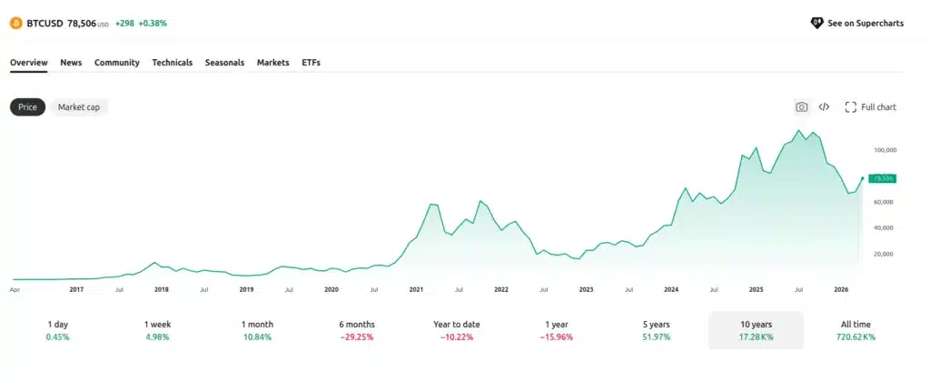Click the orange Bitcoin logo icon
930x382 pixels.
point(16,23)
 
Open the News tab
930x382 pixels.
point(71,63)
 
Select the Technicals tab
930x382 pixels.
point(172,63)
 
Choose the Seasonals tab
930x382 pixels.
point(224,63)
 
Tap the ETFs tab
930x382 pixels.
point(311,63)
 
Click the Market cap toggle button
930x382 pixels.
point(79,107)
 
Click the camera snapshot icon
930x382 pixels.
point(801,107)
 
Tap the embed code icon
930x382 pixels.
point(824,107)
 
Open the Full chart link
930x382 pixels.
point(870,107)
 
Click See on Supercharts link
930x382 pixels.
point(856,23)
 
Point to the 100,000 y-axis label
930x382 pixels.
point(885,150)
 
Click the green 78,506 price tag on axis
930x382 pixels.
point(883,178)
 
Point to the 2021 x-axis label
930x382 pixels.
point(416,289)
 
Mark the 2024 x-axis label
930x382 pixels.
point(671,289)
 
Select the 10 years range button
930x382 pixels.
point(756,330)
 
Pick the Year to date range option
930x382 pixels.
point(456,330)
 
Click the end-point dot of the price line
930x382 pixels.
point(861,178)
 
